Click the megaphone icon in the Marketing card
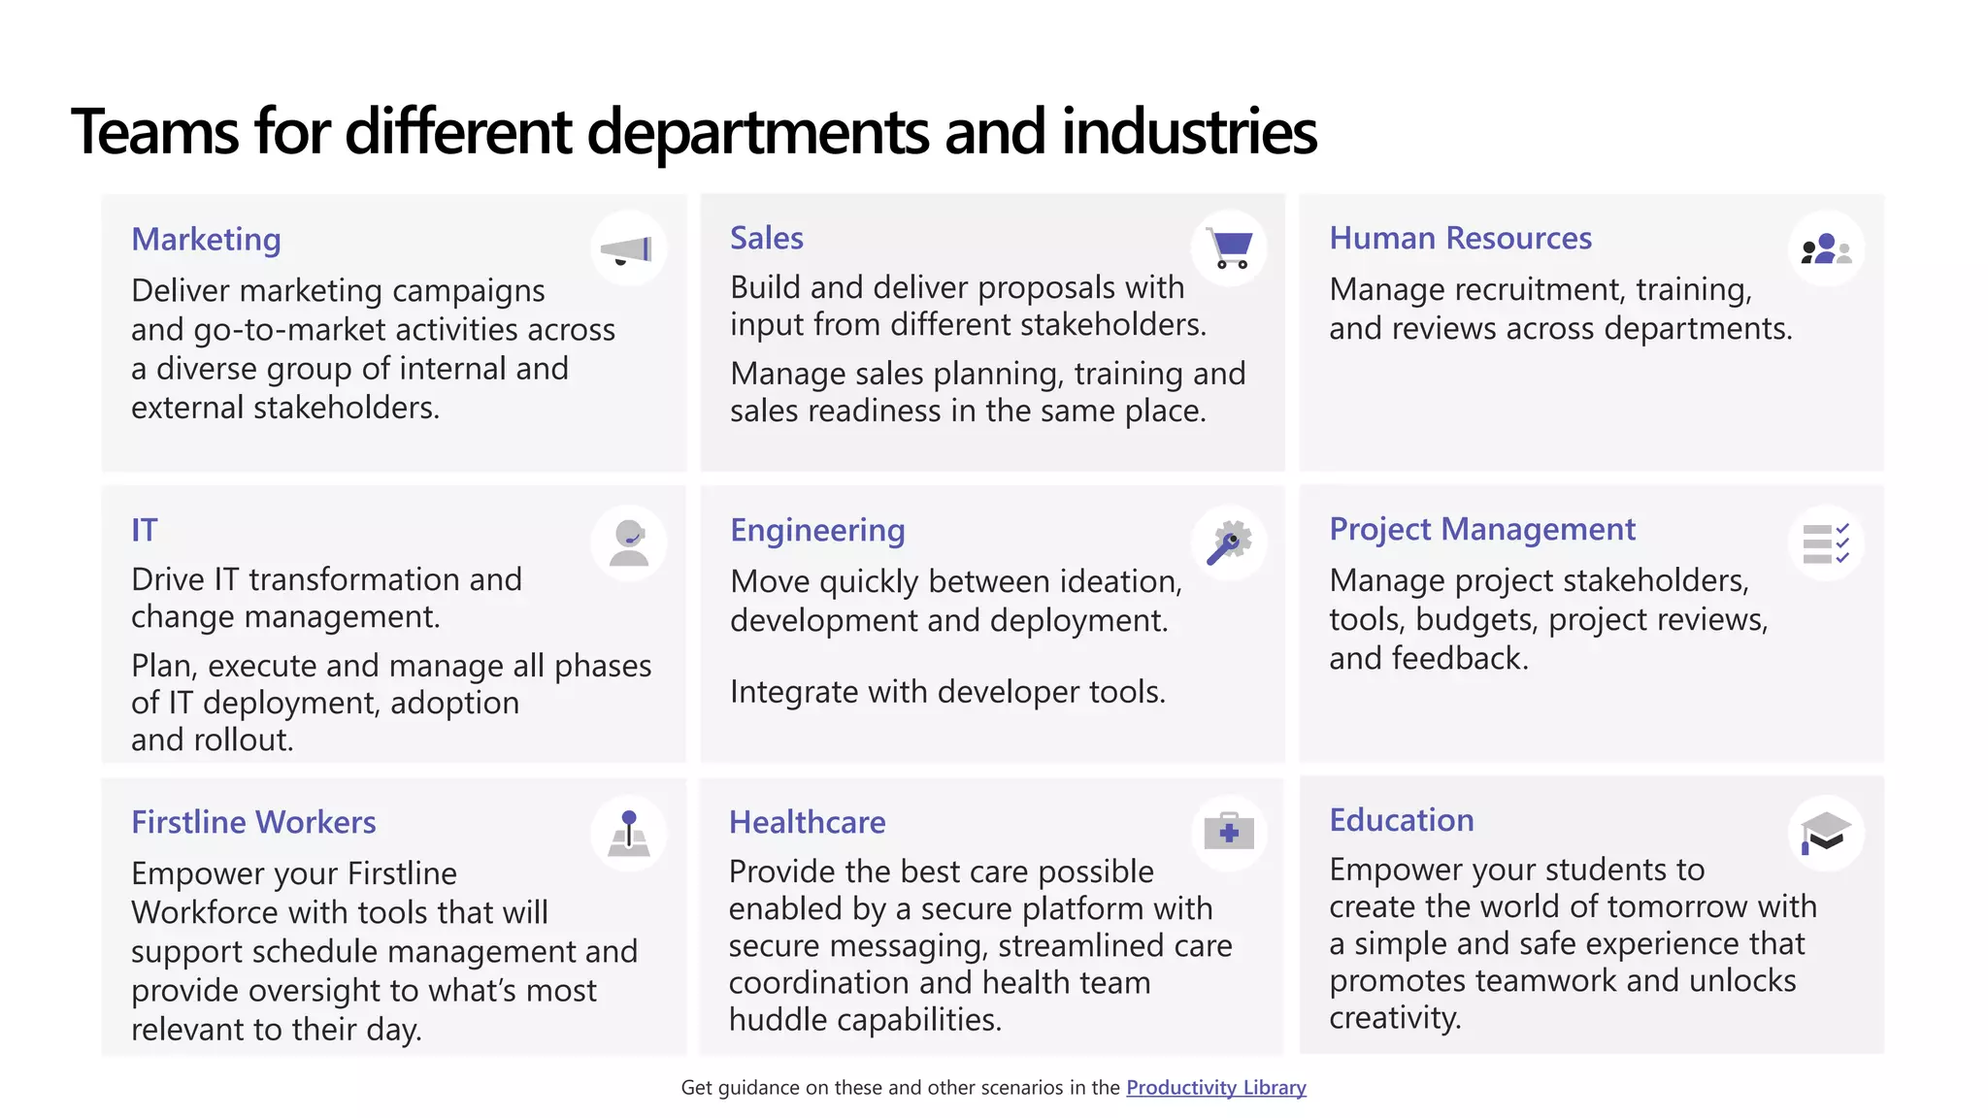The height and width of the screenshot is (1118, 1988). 628,249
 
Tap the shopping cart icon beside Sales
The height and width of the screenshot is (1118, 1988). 1230,248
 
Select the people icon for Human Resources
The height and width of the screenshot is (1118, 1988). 1826,249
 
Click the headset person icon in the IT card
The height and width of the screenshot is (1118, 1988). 629,543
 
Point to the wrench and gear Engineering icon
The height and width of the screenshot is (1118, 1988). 1229,543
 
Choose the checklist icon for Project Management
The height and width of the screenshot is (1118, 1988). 1826,543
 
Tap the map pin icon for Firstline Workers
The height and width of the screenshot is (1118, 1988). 629,834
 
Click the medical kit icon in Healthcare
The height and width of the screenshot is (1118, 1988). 1229,833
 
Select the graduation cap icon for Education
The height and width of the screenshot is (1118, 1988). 1826,833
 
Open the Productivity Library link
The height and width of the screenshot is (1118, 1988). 1215,1088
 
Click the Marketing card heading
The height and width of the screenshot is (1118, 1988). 206,239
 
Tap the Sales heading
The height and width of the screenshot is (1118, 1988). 767,238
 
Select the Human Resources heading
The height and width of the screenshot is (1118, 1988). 1460,238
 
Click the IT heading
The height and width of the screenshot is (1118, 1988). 145,530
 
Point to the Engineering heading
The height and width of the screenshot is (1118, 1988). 817,530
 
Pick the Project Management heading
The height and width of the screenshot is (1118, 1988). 1482,529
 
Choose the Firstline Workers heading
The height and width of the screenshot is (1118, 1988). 253,822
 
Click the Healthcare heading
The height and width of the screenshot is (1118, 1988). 807,822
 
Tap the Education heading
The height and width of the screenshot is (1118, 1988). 1401,820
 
